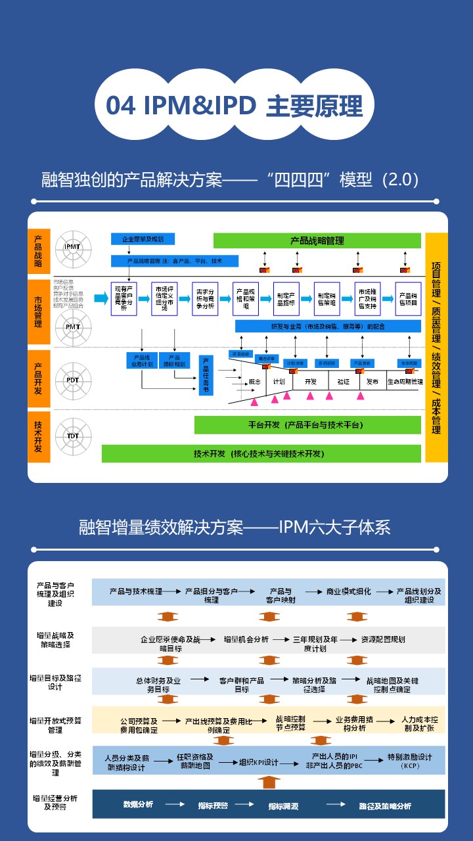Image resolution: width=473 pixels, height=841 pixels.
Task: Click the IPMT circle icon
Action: (x=72, y=246)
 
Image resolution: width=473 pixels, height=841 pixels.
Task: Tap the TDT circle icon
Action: (x=72, y=436)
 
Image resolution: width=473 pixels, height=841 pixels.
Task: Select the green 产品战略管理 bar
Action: (x=317, y=240)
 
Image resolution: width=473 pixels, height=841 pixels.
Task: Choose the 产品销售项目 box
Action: (x=408, y=299)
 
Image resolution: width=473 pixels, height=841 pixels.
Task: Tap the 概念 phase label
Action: (x=256, y=382)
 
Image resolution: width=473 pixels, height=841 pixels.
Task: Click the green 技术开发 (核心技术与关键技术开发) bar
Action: (x=261, y=453)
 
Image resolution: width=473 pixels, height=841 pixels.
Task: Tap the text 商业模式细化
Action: (x=349, y=591)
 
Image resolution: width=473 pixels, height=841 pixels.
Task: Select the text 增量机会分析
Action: (x=246, y=639)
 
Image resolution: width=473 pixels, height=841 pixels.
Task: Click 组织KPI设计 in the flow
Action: (x=259, y=762)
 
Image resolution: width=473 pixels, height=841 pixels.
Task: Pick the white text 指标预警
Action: (x=213, y=805)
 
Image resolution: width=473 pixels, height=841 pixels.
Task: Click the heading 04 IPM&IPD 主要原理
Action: (x=235, y=106)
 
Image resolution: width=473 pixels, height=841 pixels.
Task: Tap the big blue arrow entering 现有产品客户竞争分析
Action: (x=101, y=298)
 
